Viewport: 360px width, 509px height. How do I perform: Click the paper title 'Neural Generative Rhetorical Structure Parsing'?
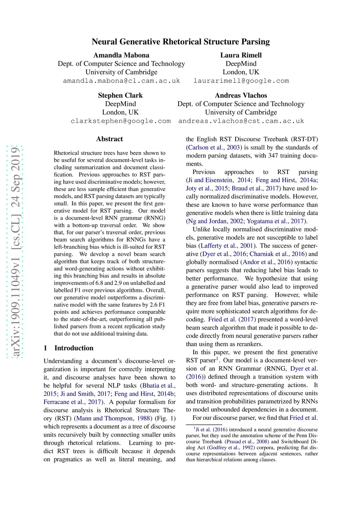pyautogui.click(x=181, y=42)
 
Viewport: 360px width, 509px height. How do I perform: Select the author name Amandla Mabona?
pyautogui.click(x=121, y=55)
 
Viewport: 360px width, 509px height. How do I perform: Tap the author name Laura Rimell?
pyautogui.click(x=241, y=55)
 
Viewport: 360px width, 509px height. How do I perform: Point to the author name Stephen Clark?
pyautogui.click(x=120, y=96)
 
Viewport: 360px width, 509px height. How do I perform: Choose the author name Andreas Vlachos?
pyautogui.click(x=241, y=96)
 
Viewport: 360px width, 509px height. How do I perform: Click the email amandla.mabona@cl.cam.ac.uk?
pyautogui.click(x=121, y=81)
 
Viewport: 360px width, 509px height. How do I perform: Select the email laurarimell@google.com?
pyautogui.click(x=241, y=81)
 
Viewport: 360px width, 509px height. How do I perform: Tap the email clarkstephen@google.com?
pyautogui.click(x=121, y=121)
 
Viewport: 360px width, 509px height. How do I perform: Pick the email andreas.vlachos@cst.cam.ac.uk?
pyautogui.click(x=241, y=121)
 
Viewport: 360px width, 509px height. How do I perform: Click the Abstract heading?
pyautogui.click(x=109, y=139)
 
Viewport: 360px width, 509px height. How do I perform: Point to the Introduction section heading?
pyautogui.click(x=74, y=348)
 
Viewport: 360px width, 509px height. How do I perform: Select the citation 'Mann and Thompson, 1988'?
pyautogui.click(x=113, y=418)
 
